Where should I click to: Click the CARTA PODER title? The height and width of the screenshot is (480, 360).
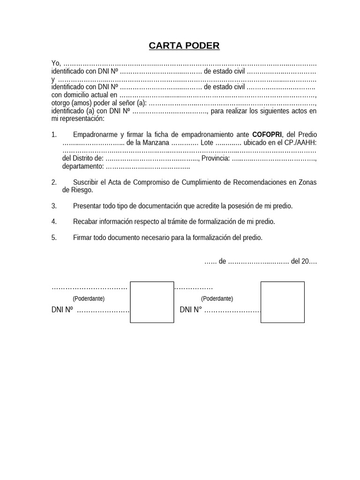tap(184, 45)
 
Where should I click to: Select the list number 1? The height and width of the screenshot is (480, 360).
tap(54, 135)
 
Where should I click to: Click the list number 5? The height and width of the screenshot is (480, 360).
tap(54, 238)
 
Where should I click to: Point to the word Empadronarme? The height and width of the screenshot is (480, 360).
tap(95, 135)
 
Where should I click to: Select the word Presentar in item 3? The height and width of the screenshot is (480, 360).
tap(88, 206)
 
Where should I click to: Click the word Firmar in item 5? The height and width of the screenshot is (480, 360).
tap(82, 238)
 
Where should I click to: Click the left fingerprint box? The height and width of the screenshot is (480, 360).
tap(152, 302)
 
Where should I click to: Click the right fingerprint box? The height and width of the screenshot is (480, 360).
tap(282, 302)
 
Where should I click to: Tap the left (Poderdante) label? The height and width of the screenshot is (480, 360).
tap(89, 299)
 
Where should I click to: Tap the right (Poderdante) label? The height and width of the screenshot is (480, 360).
tap(217, 299)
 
